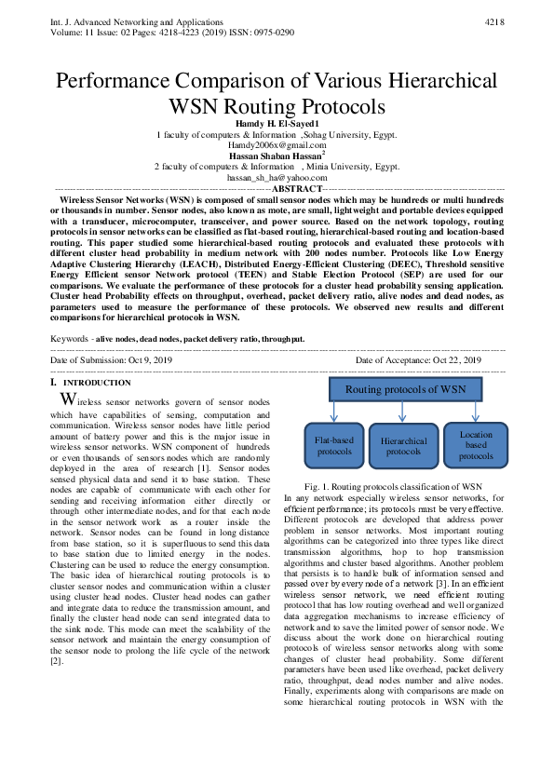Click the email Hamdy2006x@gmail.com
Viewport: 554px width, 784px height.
(x=277, y=145)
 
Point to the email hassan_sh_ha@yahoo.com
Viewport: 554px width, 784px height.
(x=277, y=177)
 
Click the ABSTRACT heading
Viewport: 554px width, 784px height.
(x=277, y=188)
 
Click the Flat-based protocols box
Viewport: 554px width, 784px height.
(x=333, y=445)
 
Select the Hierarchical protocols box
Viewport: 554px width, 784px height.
(x=403, y=446)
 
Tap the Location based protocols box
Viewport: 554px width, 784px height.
(x=475, y=445)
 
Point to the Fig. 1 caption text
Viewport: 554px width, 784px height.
(x=392, y=486)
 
